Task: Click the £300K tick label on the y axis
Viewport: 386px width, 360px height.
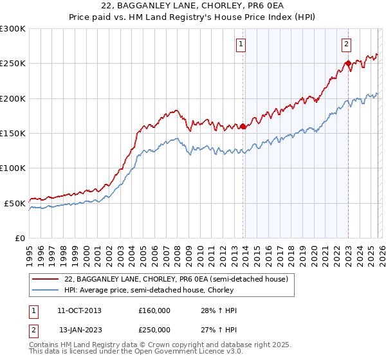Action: (x=12, y=29)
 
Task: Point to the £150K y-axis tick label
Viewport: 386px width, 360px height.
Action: (x=12, y=134)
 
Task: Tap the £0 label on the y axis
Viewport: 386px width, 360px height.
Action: (x=19, y=238)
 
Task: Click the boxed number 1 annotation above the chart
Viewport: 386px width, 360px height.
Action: (x=241, y=44)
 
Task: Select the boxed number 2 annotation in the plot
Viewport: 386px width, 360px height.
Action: (x=346, y=44)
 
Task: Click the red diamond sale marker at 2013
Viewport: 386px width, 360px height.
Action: (x=243, y=127)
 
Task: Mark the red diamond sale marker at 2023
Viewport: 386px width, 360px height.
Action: (x=348, y=63)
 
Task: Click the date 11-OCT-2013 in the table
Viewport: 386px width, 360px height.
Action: (x=79, y=310)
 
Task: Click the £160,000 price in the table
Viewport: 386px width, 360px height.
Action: (x=154, y=310)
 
